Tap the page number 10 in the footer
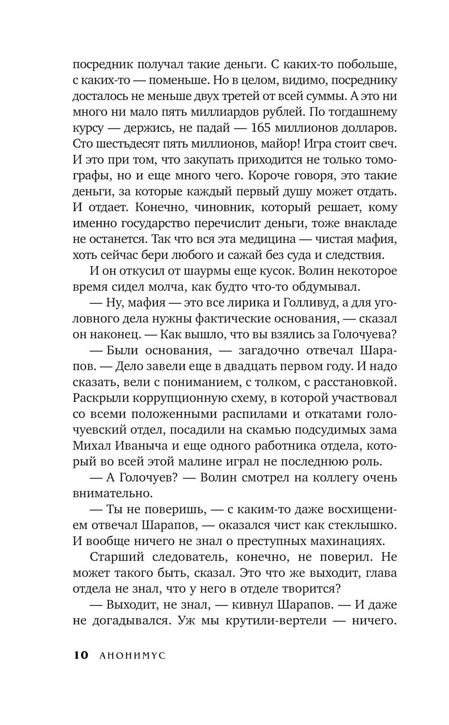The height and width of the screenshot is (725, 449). point(81,655)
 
